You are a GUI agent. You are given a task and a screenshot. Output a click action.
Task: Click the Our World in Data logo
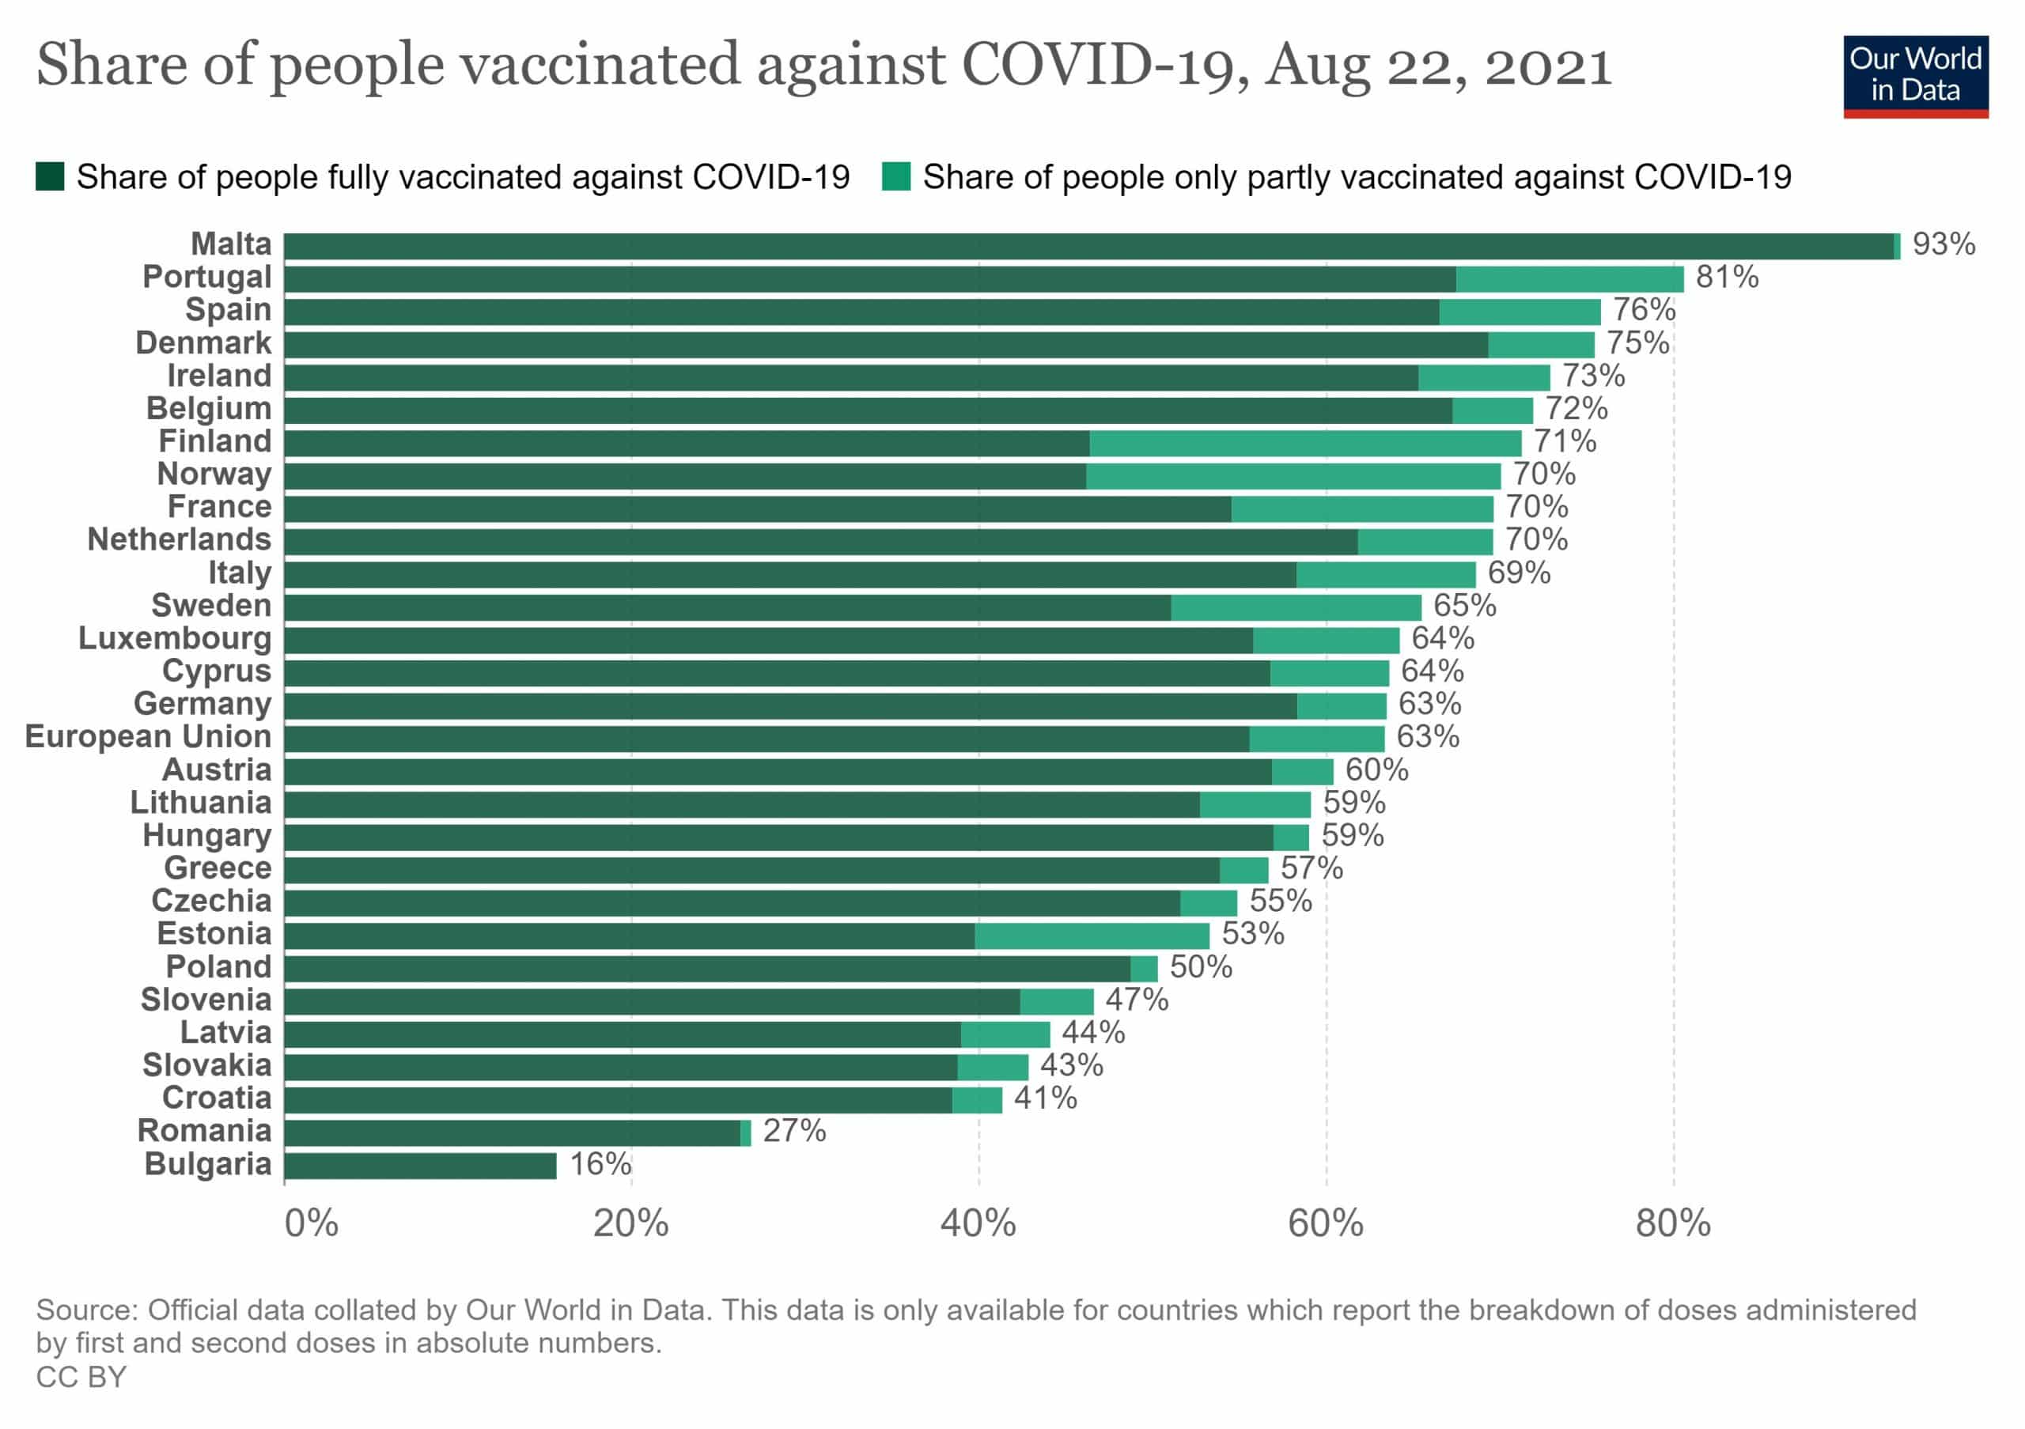pyautogui.click(x=1915, y=76)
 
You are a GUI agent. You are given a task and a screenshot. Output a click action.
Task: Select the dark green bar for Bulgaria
pyautogui.click(x=420, y=1166)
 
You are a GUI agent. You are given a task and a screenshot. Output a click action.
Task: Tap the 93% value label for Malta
pyautogui.click(x=1943, y=244)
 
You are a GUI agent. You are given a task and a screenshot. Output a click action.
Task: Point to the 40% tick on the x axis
pyautogui.click(x=978, y=1223)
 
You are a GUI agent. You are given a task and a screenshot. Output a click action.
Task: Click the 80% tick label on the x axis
pyautogui.click(x=1672, y=1223)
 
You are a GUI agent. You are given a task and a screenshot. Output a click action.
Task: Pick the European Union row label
pyautogui.click(x=148, y=737)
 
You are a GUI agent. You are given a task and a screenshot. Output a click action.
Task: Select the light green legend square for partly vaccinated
pyautogui.click(x=896, y=176)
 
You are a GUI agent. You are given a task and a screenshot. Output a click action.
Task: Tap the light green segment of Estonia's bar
pyautogui.click(x=1092, y=936)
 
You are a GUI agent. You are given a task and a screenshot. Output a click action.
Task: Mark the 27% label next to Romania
pyautogui.click(x=793, y=1131)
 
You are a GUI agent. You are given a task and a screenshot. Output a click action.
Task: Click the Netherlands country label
pyautogui.click(x=179, y=539)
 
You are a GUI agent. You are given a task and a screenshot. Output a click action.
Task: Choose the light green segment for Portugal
pyautogui.click(x=1569, y=278)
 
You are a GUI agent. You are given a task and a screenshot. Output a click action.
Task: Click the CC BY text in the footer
pyautogui.click(x=81, y=1377)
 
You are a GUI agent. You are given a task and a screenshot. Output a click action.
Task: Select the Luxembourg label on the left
pyautogui.click(x=175, y=638)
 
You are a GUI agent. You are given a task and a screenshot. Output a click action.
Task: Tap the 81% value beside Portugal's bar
pyautogui.click(x=1726, y=277)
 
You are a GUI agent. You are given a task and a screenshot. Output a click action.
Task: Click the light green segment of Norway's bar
pyautogui.click(x=1293, y=476)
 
